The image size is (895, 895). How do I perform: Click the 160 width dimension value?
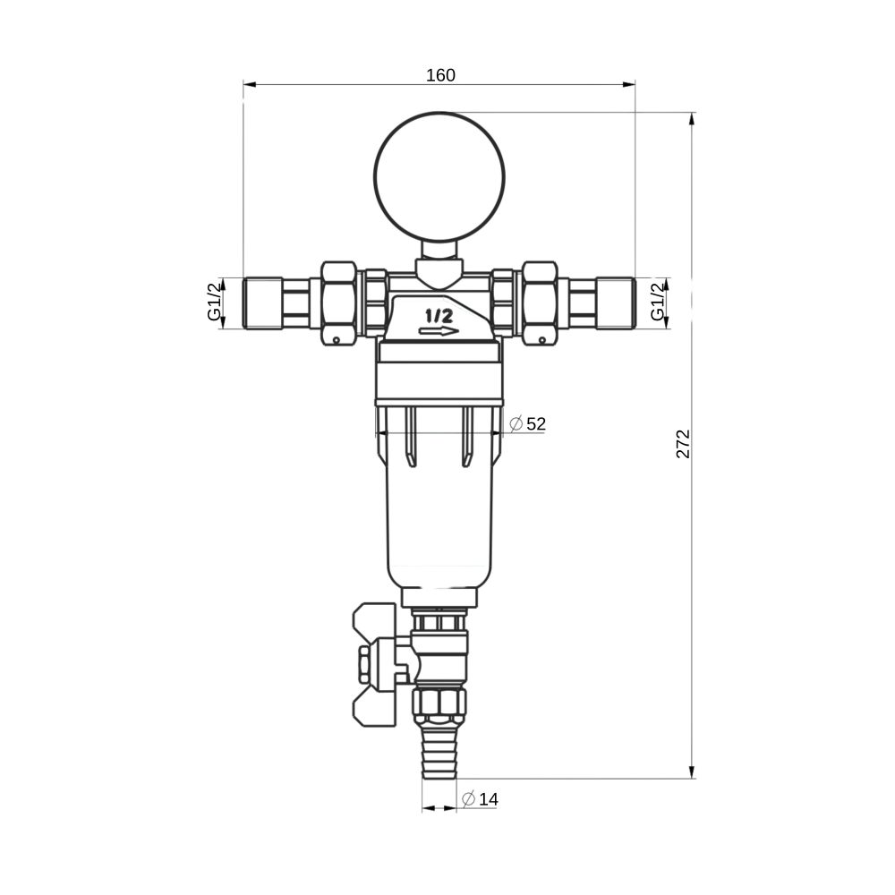pyautogui.click(x=440, y=75)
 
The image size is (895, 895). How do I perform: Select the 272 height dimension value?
pyautogui.click(x=683, y=444)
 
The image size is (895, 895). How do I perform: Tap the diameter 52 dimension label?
pyautogui.click(x=527, y=423)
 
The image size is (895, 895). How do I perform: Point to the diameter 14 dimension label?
pyautogui.click(x=480, y=799)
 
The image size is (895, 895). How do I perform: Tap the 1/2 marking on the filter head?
pyautogui.click(x=439, y=315)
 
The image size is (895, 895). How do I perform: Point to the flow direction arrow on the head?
pyautogui.click(x=439, y=331)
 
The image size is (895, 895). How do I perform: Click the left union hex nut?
pyautogui.click(x=339, y=303)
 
